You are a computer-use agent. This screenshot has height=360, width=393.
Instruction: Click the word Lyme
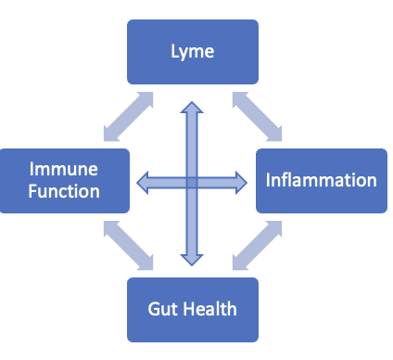pyautogui.click(x=193, y=52)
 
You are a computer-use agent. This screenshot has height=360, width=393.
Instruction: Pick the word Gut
pyautogui.click(x=163, y=308)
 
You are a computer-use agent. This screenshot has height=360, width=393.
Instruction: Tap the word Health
pyautogui.click(x=209, y=308)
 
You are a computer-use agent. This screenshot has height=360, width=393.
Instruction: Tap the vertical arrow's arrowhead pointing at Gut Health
pyautogui.click(x=192, y=254)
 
